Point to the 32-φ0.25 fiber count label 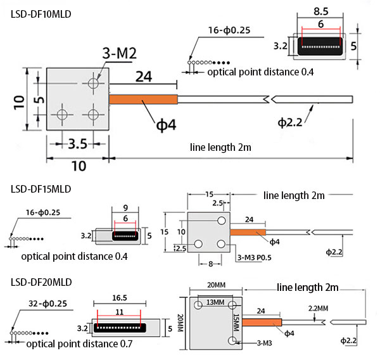coord(45,302)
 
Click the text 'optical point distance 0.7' coord(79,345)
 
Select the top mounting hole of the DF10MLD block coord(94,82)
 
